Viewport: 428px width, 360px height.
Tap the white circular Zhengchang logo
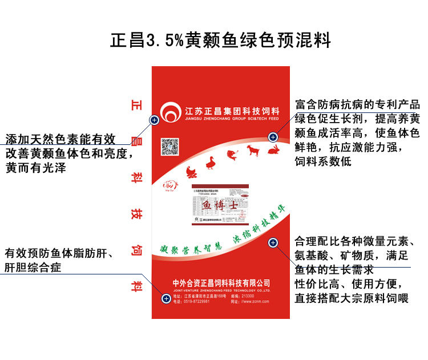[x=171, y=111]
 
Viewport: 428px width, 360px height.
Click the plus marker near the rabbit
[x=273, y=137]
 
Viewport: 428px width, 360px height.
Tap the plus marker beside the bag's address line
[x=166, y=298]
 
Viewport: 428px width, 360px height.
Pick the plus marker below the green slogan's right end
[x=273, y=243]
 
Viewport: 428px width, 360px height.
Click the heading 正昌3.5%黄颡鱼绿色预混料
[x=220, y=41]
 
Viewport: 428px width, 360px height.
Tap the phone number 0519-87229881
[x=197, y=302]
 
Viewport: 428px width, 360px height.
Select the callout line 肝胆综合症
[x=33, y=267]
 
